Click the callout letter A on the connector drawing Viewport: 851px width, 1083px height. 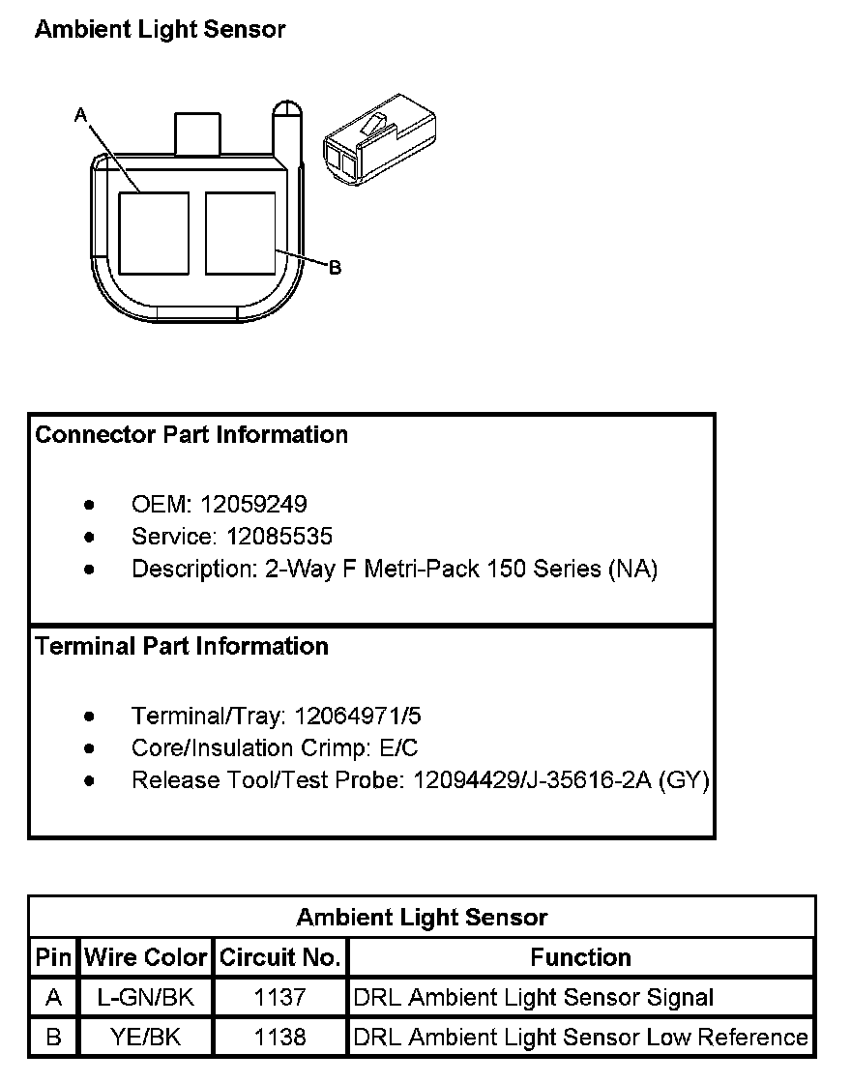tap(81, 114)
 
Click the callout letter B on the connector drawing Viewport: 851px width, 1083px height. tap(335, 267)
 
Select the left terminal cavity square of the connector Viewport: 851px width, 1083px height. tap(154, 233)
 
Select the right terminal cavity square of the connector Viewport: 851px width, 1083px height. tap(241, 233)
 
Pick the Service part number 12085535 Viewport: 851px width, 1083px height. tap(279, 536)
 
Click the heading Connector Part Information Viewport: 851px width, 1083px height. tap(191, 435)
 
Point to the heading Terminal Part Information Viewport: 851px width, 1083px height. tap(182, 646)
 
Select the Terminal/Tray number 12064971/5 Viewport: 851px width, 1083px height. tap(358, 717)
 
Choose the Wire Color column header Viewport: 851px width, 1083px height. tap(146, 957)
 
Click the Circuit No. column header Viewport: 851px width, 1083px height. tap(280, 957)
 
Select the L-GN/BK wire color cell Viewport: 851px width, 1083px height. tap(146, 997)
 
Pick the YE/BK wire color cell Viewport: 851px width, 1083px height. tap(146, 1038)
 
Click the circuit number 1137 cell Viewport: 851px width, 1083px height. tap(280, 997)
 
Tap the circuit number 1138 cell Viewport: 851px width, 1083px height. tap(280, 1038)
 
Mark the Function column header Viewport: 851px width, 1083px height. tap(580, 957)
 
